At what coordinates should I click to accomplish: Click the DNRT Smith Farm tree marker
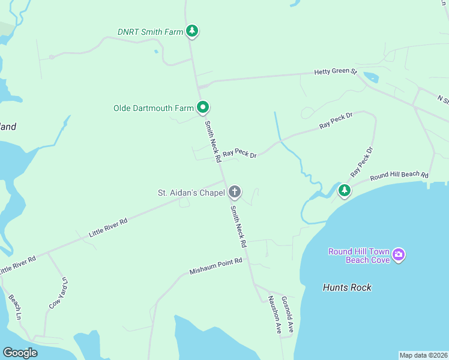pos(191,31)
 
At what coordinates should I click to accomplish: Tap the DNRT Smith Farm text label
pos(150,32)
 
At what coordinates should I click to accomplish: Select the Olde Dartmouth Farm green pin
pos(203,108)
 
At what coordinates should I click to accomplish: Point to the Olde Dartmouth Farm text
pos(154,109)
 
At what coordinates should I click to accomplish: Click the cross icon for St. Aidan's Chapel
pos(234,192)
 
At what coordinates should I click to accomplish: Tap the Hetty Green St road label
pos(336,72)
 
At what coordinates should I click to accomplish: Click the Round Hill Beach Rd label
pos(399,176)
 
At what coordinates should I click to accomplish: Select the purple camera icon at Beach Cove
pos(399,256)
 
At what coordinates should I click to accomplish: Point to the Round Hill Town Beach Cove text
pos(358,256)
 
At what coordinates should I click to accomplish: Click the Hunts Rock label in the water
pos(347,287)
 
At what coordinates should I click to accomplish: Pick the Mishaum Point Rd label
pos(215,266)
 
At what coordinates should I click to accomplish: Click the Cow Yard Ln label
pos(58,293)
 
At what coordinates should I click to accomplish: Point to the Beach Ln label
pos(15,307)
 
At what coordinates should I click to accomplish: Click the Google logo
pos(20,353)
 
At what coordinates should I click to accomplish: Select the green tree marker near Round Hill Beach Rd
pos(344,191)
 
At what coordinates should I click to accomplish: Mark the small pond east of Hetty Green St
pos(370,77)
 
